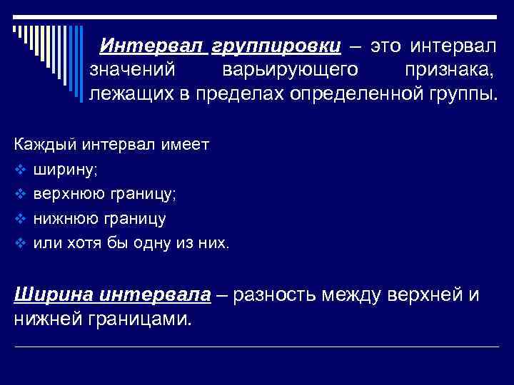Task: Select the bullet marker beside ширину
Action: pos(19,170)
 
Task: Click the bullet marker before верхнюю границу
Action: pos(19,195)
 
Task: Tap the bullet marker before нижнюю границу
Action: pos(19,219)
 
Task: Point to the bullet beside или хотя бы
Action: pos(19,243)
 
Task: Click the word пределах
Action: pos(245,94)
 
